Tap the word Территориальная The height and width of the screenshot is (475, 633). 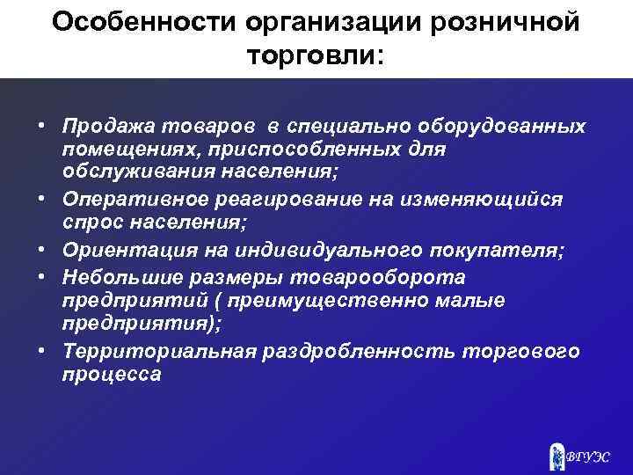pos(160,352)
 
